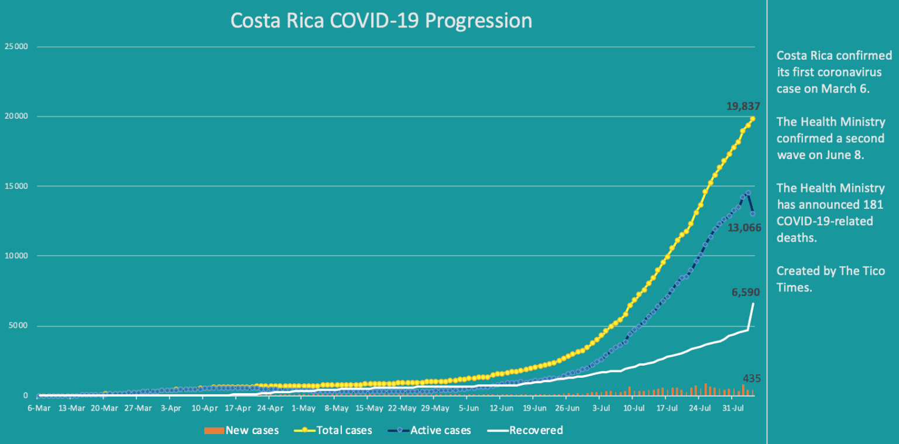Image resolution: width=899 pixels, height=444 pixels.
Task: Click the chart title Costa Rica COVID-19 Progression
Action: click(381, 20)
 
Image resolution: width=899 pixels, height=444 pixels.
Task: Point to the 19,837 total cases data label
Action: click(743, 106)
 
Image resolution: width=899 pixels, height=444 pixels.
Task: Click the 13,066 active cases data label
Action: click(744, 228)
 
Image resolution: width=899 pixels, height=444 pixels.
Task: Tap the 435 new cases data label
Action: click(752, 378)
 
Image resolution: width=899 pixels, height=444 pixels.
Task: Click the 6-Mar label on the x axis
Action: click(39, 408)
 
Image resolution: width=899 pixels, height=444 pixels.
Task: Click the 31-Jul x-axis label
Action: click(732, 408)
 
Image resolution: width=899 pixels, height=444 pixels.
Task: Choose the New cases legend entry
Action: click(241, 431)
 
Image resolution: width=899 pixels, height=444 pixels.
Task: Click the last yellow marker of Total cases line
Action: click(753, 119)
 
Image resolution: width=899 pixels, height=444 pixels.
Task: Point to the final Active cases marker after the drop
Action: click(753, 214)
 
